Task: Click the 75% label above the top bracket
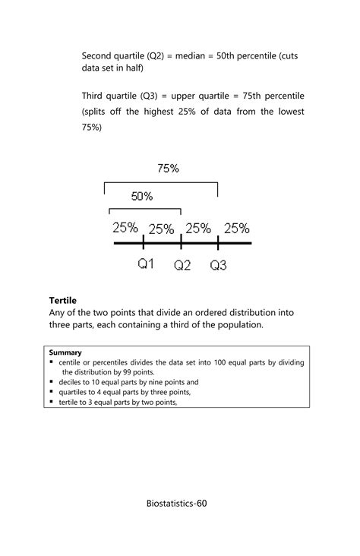point(168,169)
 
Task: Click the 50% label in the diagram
point(142,196)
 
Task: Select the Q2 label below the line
point(182,265)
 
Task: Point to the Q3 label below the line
point(219,265)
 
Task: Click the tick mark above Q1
point(144,242)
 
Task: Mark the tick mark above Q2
point(181,242)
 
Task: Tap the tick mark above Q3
point(218,242)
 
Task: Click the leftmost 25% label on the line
point(125,227)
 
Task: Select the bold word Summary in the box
point(65,352)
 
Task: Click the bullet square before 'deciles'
point(52,383)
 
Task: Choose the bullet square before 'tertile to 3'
point(52,403)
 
